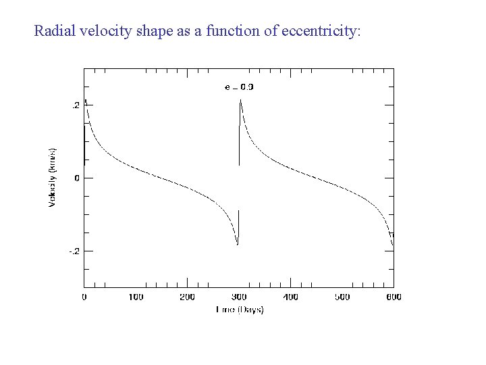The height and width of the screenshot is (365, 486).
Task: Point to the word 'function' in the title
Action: point(223,31)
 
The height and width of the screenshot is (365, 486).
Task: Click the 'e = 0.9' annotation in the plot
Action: point(239,87)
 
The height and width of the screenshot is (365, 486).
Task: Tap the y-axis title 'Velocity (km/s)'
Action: point(53,178)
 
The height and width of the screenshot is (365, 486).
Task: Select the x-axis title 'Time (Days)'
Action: point(239,310)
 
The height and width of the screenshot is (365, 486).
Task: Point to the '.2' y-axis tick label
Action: point(76,105)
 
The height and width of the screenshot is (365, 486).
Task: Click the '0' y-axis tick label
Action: point(78,178)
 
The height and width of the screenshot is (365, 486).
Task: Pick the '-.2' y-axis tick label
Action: point(74,251)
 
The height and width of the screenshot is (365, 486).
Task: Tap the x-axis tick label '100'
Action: point(136,297)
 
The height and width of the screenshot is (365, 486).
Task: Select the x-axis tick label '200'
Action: point(187,297)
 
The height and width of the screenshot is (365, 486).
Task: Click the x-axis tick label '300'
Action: point(239,297)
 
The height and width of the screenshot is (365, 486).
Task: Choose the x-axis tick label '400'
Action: point(290,297)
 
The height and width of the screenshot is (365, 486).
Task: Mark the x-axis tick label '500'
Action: point(342,297)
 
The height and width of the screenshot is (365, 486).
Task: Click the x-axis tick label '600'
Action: point(393,297)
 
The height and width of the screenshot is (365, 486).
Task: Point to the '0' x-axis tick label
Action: point(84,297)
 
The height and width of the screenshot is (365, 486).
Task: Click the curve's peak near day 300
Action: point(240,100)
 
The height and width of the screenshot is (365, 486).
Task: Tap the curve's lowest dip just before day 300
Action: point(238,244)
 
